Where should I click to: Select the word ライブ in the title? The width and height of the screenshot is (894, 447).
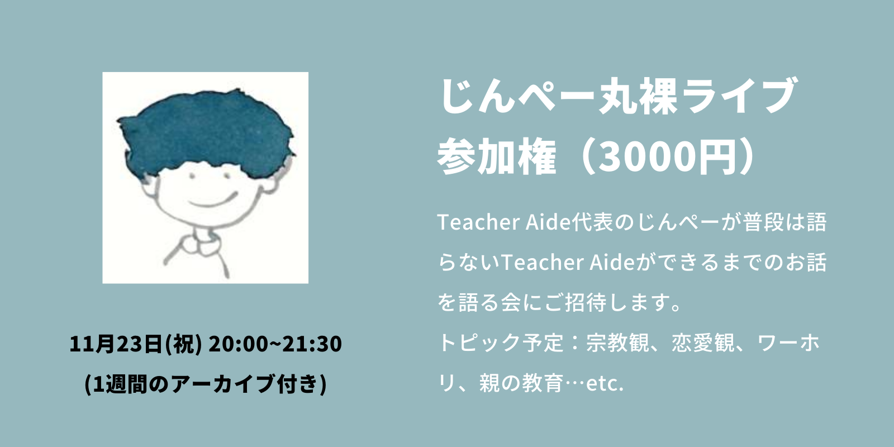coord(740,96)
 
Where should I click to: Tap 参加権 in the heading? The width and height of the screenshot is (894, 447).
coord(497,156)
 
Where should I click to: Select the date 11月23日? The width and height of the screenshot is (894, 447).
coord(116,344)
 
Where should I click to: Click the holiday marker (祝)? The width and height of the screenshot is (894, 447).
coord(183,344)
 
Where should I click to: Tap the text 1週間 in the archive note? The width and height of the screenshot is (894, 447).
coord(122,384)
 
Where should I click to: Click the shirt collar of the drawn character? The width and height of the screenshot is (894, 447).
coord(199,244)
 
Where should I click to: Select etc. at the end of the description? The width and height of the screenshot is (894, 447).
coord(604,383)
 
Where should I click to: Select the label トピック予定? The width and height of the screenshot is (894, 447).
coord(501,343)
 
